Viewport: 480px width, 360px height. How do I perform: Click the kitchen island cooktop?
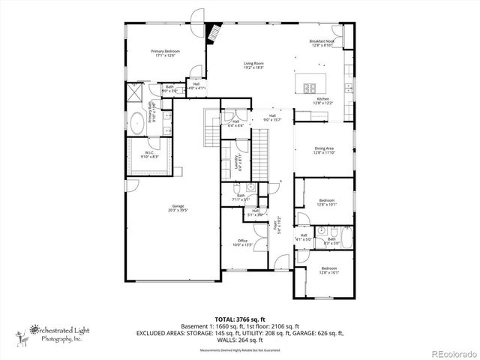(310, 82)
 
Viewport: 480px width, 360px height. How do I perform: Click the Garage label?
(178, 208)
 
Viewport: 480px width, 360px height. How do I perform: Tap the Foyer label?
(276, 222)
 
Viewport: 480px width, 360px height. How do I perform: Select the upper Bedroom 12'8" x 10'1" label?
(326, 202)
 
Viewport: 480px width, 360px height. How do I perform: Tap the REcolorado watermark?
(451, 353)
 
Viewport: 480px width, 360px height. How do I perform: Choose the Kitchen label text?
(322, 100)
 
